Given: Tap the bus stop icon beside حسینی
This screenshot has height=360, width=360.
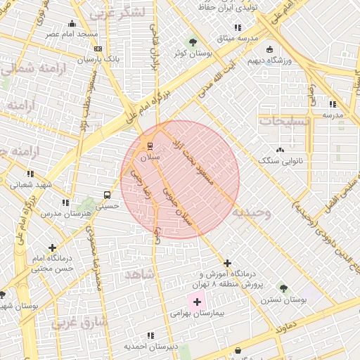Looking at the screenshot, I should coord(106,195).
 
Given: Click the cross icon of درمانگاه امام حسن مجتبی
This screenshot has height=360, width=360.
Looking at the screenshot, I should coord(52,247).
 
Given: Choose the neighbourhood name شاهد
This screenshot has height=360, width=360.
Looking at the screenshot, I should coord(139,274).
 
